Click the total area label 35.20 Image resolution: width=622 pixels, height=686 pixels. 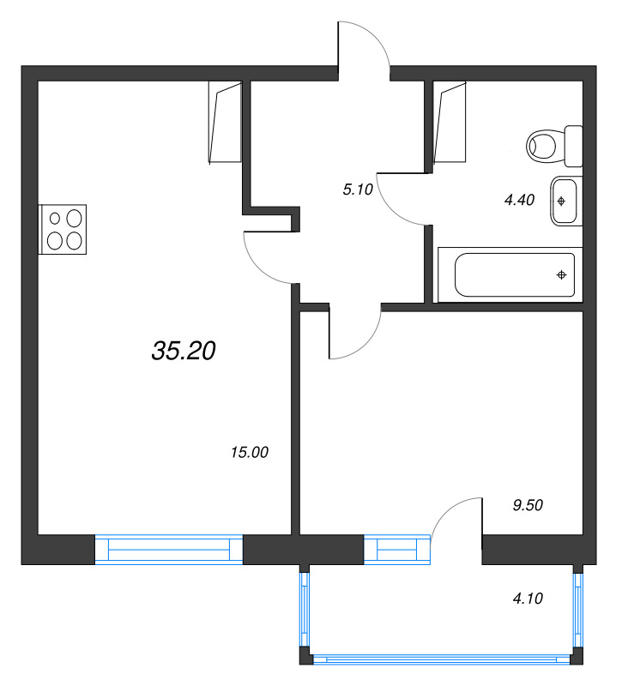click(x=184, y=351)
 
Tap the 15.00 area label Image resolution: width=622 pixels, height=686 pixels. click(x=250, y=453)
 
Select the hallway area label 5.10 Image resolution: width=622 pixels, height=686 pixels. click(x=358, y=190)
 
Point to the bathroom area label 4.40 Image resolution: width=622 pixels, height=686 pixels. click(x=520, y=200)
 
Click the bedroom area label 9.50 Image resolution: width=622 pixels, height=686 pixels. click(x=528, y=505)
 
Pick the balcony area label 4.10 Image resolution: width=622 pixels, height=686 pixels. click(x=528, y=598)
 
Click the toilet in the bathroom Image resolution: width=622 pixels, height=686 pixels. click(x=554, y=146)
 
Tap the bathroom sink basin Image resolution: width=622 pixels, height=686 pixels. click(x=566, y=201)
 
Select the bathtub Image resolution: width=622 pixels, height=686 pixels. click(x=510, y=274)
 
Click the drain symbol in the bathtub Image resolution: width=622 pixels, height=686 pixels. click(x=562, y=274)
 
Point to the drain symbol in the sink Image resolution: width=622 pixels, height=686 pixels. click(x=562, y=201)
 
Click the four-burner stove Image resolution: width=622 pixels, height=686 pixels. click(x=62, y=229)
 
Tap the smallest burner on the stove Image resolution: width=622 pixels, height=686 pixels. click(x=55, y=218)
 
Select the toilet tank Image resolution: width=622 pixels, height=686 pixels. click(x=574, y=146)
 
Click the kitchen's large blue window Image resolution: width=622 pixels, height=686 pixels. click(x=169, y=550)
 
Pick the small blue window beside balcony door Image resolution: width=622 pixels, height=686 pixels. click(x=397, y=550)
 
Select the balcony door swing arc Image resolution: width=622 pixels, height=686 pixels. click(x=451, y=508)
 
